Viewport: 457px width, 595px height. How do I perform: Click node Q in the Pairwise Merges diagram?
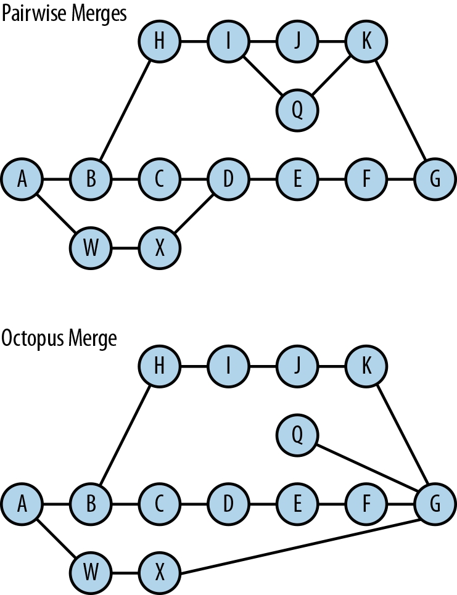(x=297, y=110)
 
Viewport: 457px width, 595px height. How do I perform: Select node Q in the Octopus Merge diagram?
(x=297, y=436)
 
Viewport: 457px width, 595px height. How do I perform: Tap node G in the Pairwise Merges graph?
(x=435, y=179)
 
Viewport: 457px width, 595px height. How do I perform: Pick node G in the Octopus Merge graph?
(x=435, y=505)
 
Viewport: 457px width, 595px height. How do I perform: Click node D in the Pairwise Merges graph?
(x=228, y=179)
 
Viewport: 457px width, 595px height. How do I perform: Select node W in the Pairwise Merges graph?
(x=91, y=248)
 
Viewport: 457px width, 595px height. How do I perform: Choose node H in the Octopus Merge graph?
(x=159, y=367)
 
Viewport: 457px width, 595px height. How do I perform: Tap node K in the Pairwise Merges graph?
(x=366, y=41)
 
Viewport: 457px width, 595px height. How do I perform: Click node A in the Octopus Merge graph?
(x=22, y=505)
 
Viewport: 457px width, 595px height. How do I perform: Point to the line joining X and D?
(x=194, y=214)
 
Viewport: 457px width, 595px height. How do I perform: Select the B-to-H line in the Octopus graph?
(x=125, y=436)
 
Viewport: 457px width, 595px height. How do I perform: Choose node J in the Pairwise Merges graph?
(x=297, y=41)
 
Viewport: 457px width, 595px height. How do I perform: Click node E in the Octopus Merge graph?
(x=297, y=505)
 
